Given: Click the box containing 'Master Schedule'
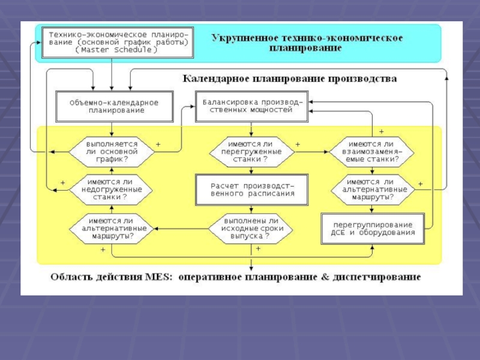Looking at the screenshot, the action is (118, 43).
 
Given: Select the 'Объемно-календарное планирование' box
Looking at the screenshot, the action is (114, 106).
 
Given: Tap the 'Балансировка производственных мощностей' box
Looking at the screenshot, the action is (251, 106).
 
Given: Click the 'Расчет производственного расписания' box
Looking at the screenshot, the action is (251, 190).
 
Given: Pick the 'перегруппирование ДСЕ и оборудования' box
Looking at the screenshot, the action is (373, 229).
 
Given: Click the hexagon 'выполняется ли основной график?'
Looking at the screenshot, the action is (112, 152).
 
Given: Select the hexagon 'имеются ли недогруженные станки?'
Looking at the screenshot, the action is (112, 190).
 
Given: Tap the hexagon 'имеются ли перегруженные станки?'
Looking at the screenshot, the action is (251, 152).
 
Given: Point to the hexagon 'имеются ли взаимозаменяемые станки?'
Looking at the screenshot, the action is (372, 152).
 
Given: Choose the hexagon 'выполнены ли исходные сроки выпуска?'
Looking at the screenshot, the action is (251, 229).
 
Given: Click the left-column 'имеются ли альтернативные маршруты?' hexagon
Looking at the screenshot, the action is (112, 229).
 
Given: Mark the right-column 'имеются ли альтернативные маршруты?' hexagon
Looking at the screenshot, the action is (373, 190).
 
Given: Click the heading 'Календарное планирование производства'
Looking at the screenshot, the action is (290, 79).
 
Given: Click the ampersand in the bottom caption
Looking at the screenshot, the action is (325, 277).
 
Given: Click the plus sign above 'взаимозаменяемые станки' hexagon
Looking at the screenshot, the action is (382, 131).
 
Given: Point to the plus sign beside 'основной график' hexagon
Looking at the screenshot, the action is (158, 144).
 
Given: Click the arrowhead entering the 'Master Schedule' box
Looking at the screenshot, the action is (38, 43).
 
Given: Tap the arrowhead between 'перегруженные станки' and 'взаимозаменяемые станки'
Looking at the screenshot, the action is (326, 152).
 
